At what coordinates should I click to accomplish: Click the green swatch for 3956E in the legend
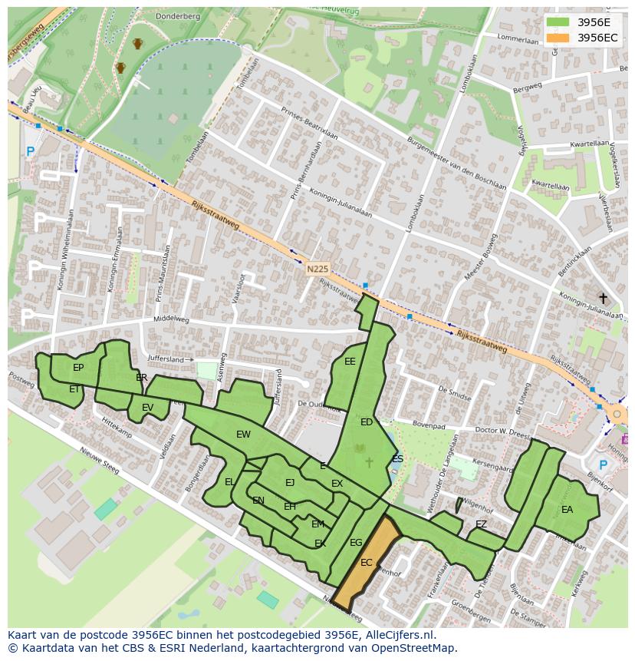pos(558,22)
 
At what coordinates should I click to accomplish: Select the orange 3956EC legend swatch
pos(558,38)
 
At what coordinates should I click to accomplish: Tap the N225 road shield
pos(317,269)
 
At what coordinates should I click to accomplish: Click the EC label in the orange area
pos(367,563)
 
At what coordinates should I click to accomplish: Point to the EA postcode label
pos(568,509)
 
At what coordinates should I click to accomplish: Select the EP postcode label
pos(78,368)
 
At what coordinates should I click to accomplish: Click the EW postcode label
pos(243,435)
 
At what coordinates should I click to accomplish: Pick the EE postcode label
pos(350,362)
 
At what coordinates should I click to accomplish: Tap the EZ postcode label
pos(481,524)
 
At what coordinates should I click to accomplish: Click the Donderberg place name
pos(177,15)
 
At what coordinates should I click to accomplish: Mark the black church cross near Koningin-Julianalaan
pos(603,298)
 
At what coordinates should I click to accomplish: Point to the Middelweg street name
pos(171,319)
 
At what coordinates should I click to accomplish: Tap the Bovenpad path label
pos(428,424)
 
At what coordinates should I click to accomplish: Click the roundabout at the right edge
pos(617,415)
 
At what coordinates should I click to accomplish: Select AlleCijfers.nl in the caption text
pos(396,635)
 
